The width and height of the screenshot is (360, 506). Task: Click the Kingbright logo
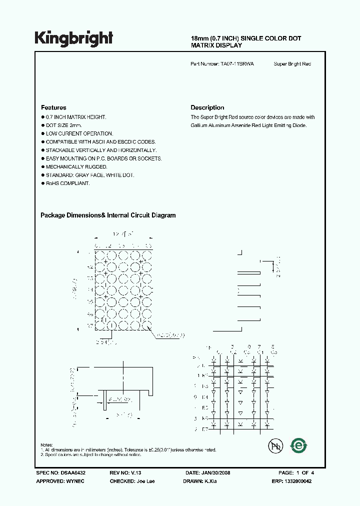click(x=73, y=38)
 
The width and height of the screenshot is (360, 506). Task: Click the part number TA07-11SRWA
click(x=237, y=64)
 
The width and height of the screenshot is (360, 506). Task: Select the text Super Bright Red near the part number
click(x=292, y=64)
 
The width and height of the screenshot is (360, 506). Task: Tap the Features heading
click(x=53, y=107)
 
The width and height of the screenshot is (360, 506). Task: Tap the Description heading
click(x=207, y=107)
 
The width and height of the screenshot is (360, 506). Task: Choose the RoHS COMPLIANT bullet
click(x=67, y=183)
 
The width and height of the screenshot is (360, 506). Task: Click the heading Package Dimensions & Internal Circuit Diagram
click(x=108, y=215)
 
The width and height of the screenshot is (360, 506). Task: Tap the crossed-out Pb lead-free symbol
click(x=275, y=446)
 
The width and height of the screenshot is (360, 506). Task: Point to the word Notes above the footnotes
click(x=46, y=445)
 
